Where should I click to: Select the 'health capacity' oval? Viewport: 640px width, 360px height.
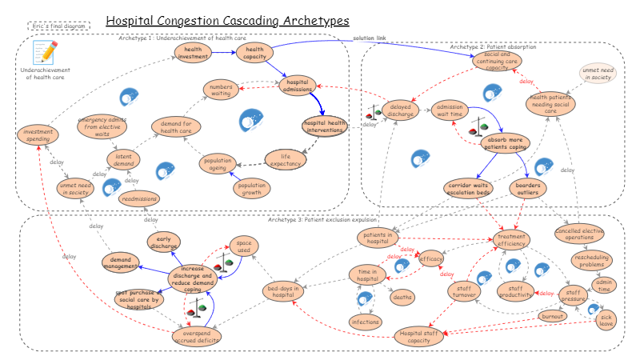point(254,53)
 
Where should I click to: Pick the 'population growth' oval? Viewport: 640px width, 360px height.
point(252,189)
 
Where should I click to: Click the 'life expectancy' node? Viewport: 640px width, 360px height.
point(283,159)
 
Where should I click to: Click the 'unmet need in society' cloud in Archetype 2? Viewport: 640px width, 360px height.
point(598,76)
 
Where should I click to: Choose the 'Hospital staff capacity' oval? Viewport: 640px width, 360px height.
point(421,336)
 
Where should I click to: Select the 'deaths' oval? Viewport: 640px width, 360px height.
point(402,297)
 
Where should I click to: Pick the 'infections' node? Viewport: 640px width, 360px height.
point(365,322)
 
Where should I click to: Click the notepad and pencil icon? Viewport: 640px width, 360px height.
point(45,53)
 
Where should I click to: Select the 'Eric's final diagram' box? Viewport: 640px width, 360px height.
point(58,26)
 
